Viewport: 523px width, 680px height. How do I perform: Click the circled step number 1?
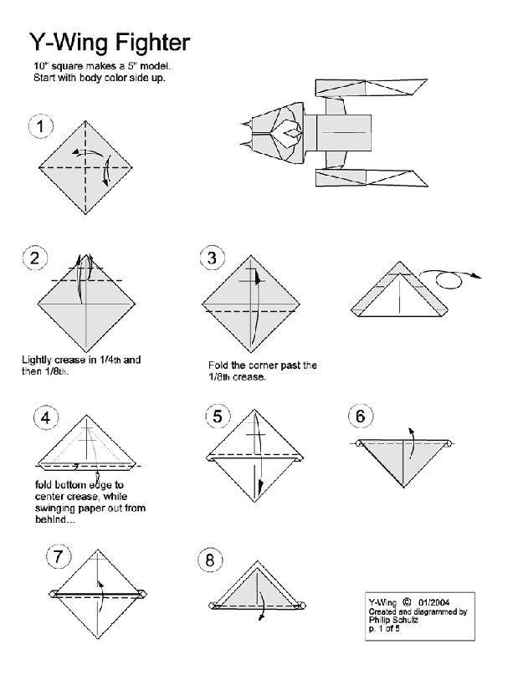(40, 126)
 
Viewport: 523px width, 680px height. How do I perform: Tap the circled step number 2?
(34, 258)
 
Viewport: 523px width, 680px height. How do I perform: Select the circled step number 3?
(213, 258)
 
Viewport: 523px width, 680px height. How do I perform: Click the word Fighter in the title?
(147, 42)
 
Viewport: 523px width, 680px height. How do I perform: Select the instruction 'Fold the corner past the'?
(262, 366)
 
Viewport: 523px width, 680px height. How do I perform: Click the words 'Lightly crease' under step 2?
(52, 360)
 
